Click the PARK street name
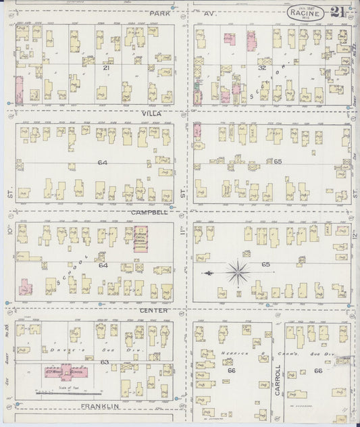coord(160,13)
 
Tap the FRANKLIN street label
coord(101,406)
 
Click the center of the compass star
coord(237,273)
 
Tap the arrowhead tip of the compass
coord(205,273)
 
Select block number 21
coord(105,68)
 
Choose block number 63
coord(105,362)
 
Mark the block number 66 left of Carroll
coord(232,371)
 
